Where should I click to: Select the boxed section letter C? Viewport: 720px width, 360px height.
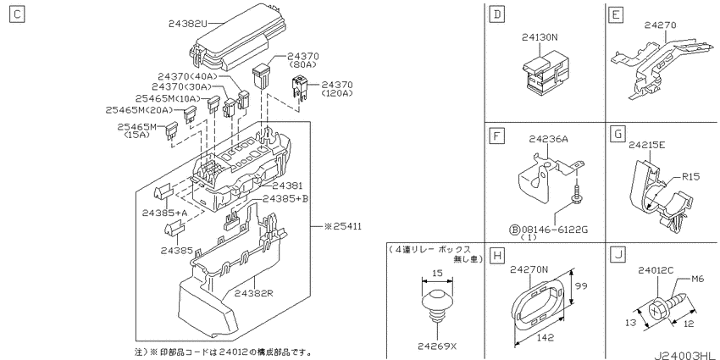(17, 14)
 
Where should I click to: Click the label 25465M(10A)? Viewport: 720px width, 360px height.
(168, 98)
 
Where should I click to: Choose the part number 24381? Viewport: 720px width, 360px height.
(287, 186)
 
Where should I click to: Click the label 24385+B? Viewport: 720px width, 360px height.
(285, 198)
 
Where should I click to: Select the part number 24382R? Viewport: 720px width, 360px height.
(253, 292)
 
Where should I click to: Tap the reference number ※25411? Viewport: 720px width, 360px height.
(342, 226)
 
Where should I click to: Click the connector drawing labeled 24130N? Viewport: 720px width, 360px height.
(542, 73)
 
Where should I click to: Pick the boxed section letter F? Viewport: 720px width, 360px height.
(496, 136)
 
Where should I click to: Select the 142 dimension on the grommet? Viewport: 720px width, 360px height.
(545, 337)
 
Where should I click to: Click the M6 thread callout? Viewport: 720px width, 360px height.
(700, 279)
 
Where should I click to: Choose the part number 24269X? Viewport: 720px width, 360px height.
(437, 346)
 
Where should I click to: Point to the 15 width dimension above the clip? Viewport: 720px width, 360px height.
(437, 274)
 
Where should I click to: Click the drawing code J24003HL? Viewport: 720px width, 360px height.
(686, 356)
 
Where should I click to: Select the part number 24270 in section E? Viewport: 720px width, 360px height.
(660, 25)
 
